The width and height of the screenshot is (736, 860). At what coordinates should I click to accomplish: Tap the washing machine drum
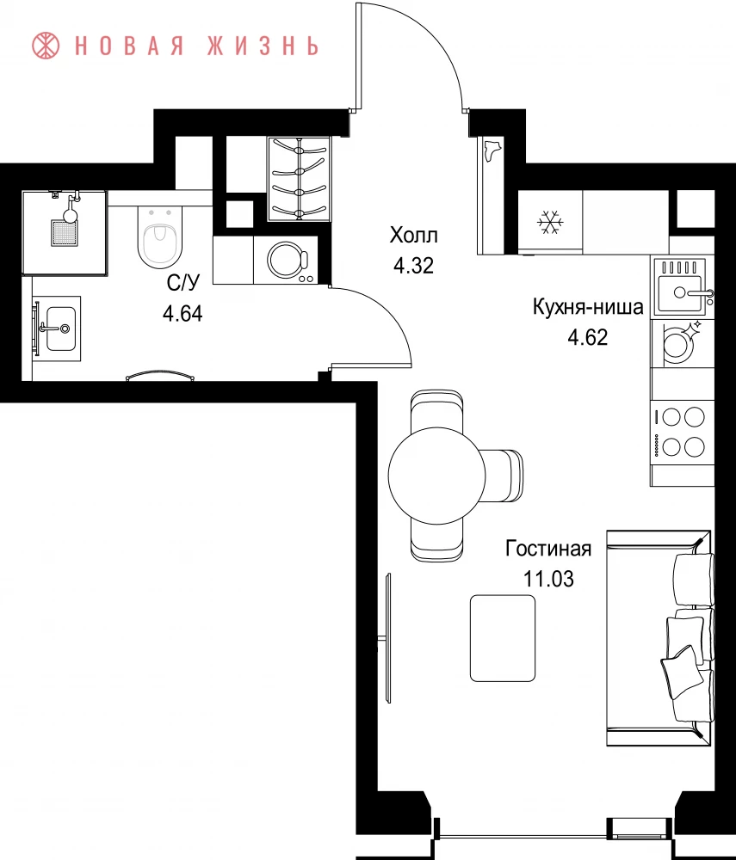(x=287, y=258)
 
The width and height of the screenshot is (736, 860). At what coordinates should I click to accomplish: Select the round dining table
(x=437, y=475)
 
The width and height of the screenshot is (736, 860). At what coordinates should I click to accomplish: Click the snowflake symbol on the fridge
(x=549, y=222)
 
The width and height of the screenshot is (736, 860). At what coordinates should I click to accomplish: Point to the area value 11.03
(x=548, y=579)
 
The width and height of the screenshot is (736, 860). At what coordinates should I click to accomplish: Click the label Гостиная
(x=548, y=549)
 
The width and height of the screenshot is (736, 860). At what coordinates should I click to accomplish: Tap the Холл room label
(x=414, y=236)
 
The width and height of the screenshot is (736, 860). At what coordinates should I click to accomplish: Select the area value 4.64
(x=182, y=314)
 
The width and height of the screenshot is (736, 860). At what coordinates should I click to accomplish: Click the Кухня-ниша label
(x=588, y=307)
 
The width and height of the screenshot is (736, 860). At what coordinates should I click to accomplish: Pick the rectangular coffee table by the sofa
(x=502, y=638)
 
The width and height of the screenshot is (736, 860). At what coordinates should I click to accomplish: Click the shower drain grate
(x=65, y=233)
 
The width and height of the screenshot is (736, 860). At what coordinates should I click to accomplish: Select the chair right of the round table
(x=504, y=475)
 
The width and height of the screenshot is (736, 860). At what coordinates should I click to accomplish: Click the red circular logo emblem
(x=46, y=46)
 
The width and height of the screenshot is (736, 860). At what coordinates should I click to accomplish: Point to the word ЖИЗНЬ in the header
(x=263, y=46)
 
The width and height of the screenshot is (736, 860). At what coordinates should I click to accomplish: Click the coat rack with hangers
(x=299, y=179)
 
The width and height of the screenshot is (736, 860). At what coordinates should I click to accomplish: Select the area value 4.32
(x=414, y=266)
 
